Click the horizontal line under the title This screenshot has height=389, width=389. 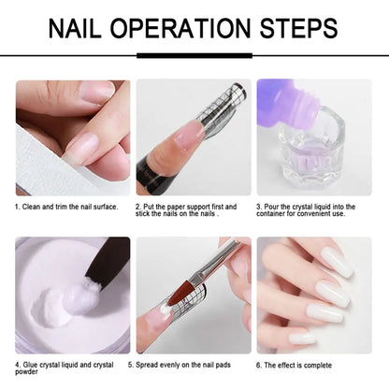tap(194, 56)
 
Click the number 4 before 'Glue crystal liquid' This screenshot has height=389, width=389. tap(17, 364)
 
